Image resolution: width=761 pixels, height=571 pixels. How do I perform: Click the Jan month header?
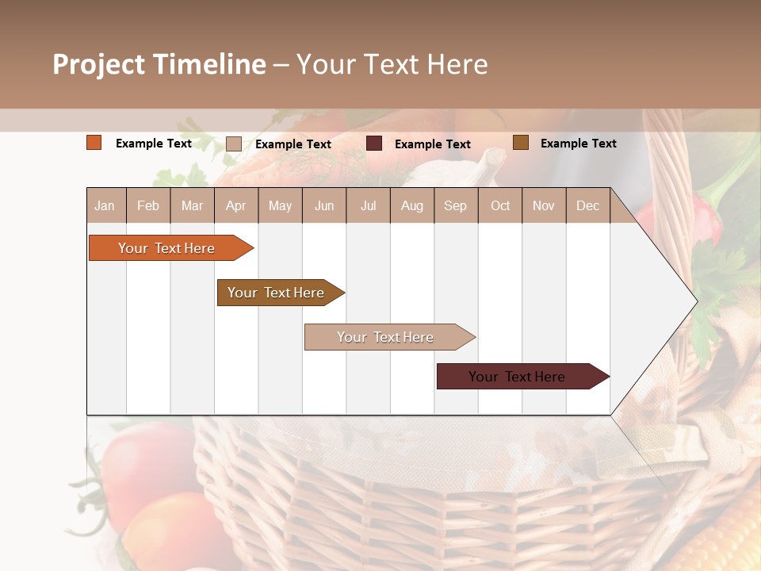coord(105,205)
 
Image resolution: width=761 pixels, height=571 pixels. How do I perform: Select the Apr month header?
coord(235,205)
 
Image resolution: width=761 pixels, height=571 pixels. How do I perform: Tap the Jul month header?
coord(368,205)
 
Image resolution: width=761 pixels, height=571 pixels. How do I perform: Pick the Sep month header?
coord(455,205)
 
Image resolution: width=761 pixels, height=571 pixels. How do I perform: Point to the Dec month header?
coord(587,205)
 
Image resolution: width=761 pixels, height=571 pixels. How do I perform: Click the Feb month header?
coord(148,205)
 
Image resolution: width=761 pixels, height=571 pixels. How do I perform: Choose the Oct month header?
coord(500,205)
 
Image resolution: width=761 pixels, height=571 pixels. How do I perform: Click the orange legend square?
coord(94,143)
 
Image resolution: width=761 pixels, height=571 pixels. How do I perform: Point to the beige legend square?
coord(234,144)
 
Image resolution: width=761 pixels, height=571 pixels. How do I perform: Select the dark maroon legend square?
coord(374,143)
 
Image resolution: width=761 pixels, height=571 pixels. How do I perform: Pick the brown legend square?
coord(521,143)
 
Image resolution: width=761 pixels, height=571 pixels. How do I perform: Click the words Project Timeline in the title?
coord(159,64)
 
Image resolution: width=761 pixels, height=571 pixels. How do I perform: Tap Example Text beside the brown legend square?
coord(578,144)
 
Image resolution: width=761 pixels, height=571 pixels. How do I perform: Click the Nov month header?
coord(544,205)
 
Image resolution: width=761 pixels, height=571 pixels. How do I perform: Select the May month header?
coord(280,205)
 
